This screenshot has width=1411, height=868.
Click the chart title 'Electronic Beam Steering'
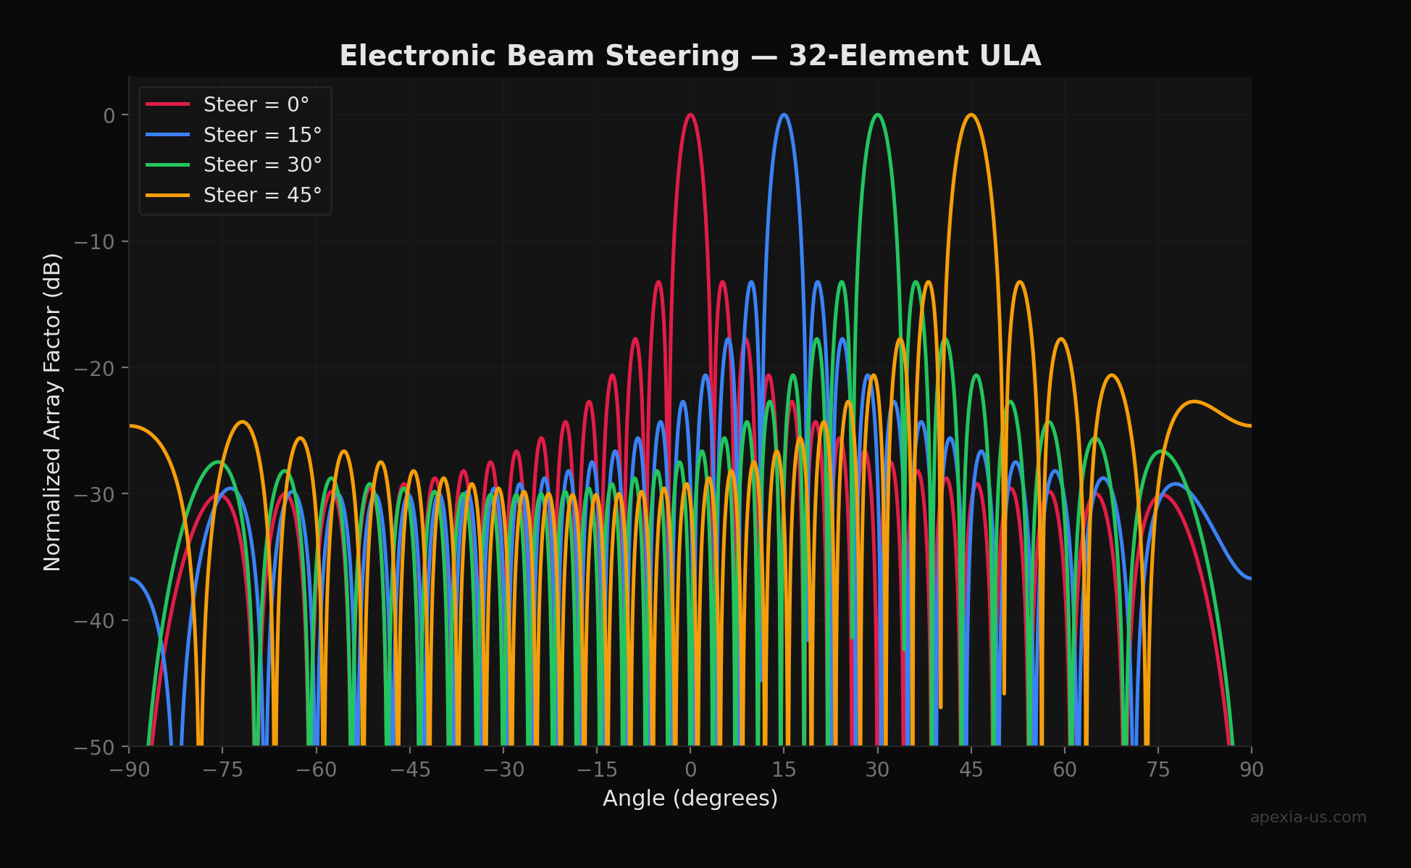tap(690, 57)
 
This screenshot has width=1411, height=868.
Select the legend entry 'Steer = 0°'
tap(256, 105)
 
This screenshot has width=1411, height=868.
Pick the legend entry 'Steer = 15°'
tap(262, 135)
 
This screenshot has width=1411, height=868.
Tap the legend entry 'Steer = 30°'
tap(262, 165)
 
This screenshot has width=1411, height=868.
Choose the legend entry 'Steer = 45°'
tap(262, 196)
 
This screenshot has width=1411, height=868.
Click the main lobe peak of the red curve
tap(690, 114)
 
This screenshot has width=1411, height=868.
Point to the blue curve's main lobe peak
tap(784, 114)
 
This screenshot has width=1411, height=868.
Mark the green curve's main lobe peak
tap(877, 114)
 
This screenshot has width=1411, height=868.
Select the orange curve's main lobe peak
tap(971, 114)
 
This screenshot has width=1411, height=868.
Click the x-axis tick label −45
tap(410, 769)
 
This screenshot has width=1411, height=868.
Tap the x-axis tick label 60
tap(1064, 769)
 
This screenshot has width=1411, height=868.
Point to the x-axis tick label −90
tap(130, 769)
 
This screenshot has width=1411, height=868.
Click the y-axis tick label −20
tap(94, 368)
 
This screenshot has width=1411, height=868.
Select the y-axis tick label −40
tap(94, 621)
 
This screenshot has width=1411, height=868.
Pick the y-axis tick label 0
tap(109, 116)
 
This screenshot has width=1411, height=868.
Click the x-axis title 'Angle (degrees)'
tap(690, 798)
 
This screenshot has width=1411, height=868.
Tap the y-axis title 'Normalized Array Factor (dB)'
tap(52, 412)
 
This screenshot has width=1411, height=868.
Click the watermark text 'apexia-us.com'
tap(1307, 817)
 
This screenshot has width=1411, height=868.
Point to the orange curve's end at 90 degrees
tap(1250, 425)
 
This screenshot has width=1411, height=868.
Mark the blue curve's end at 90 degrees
tap(1250, 578)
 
